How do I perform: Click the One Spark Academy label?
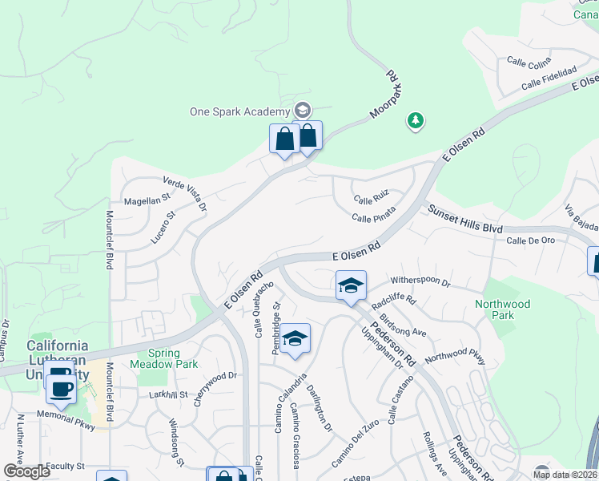239,111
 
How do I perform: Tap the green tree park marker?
415,121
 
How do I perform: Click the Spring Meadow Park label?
174,358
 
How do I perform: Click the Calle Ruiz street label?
372,198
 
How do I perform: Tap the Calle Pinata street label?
373,218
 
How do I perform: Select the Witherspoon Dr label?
420,283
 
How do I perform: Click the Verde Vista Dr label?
185,193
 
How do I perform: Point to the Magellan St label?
147,197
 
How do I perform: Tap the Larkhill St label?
168,394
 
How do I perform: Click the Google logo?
26,471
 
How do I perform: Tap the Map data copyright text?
565,475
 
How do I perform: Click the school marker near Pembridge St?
295,339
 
